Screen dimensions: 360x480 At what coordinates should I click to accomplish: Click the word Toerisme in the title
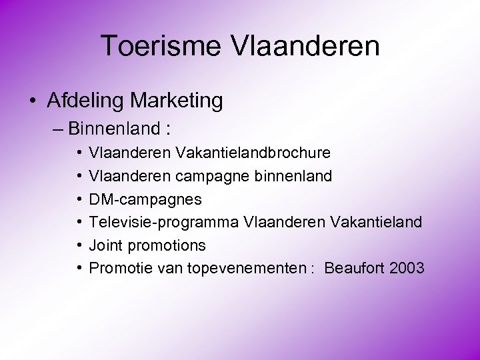point(163,46)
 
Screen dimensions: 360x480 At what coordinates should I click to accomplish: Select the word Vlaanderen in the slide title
point(306,46)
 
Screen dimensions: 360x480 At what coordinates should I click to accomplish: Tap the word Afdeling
point(86,101)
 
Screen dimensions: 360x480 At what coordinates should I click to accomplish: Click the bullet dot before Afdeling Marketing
point(33,101)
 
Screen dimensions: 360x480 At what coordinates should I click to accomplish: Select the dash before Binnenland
point(58,127)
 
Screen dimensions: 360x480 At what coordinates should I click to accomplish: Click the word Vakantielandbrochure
point(253,153)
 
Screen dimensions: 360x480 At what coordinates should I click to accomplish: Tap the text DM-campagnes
point(145,199)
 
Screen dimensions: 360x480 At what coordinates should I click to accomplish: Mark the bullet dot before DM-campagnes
point(79,199)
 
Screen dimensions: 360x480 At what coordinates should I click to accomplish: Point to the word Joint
point(106,245)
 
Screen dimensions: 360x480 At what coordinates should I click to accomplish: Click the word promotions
point(166,245)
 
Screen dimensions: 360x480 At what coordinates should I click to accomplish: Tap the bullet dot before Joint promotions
point(79,245)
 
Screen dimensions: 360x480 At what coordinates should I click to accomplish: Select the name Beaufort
point(353,268)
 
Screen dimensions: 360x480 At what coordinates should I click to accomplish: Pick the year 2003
point(405,268)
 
